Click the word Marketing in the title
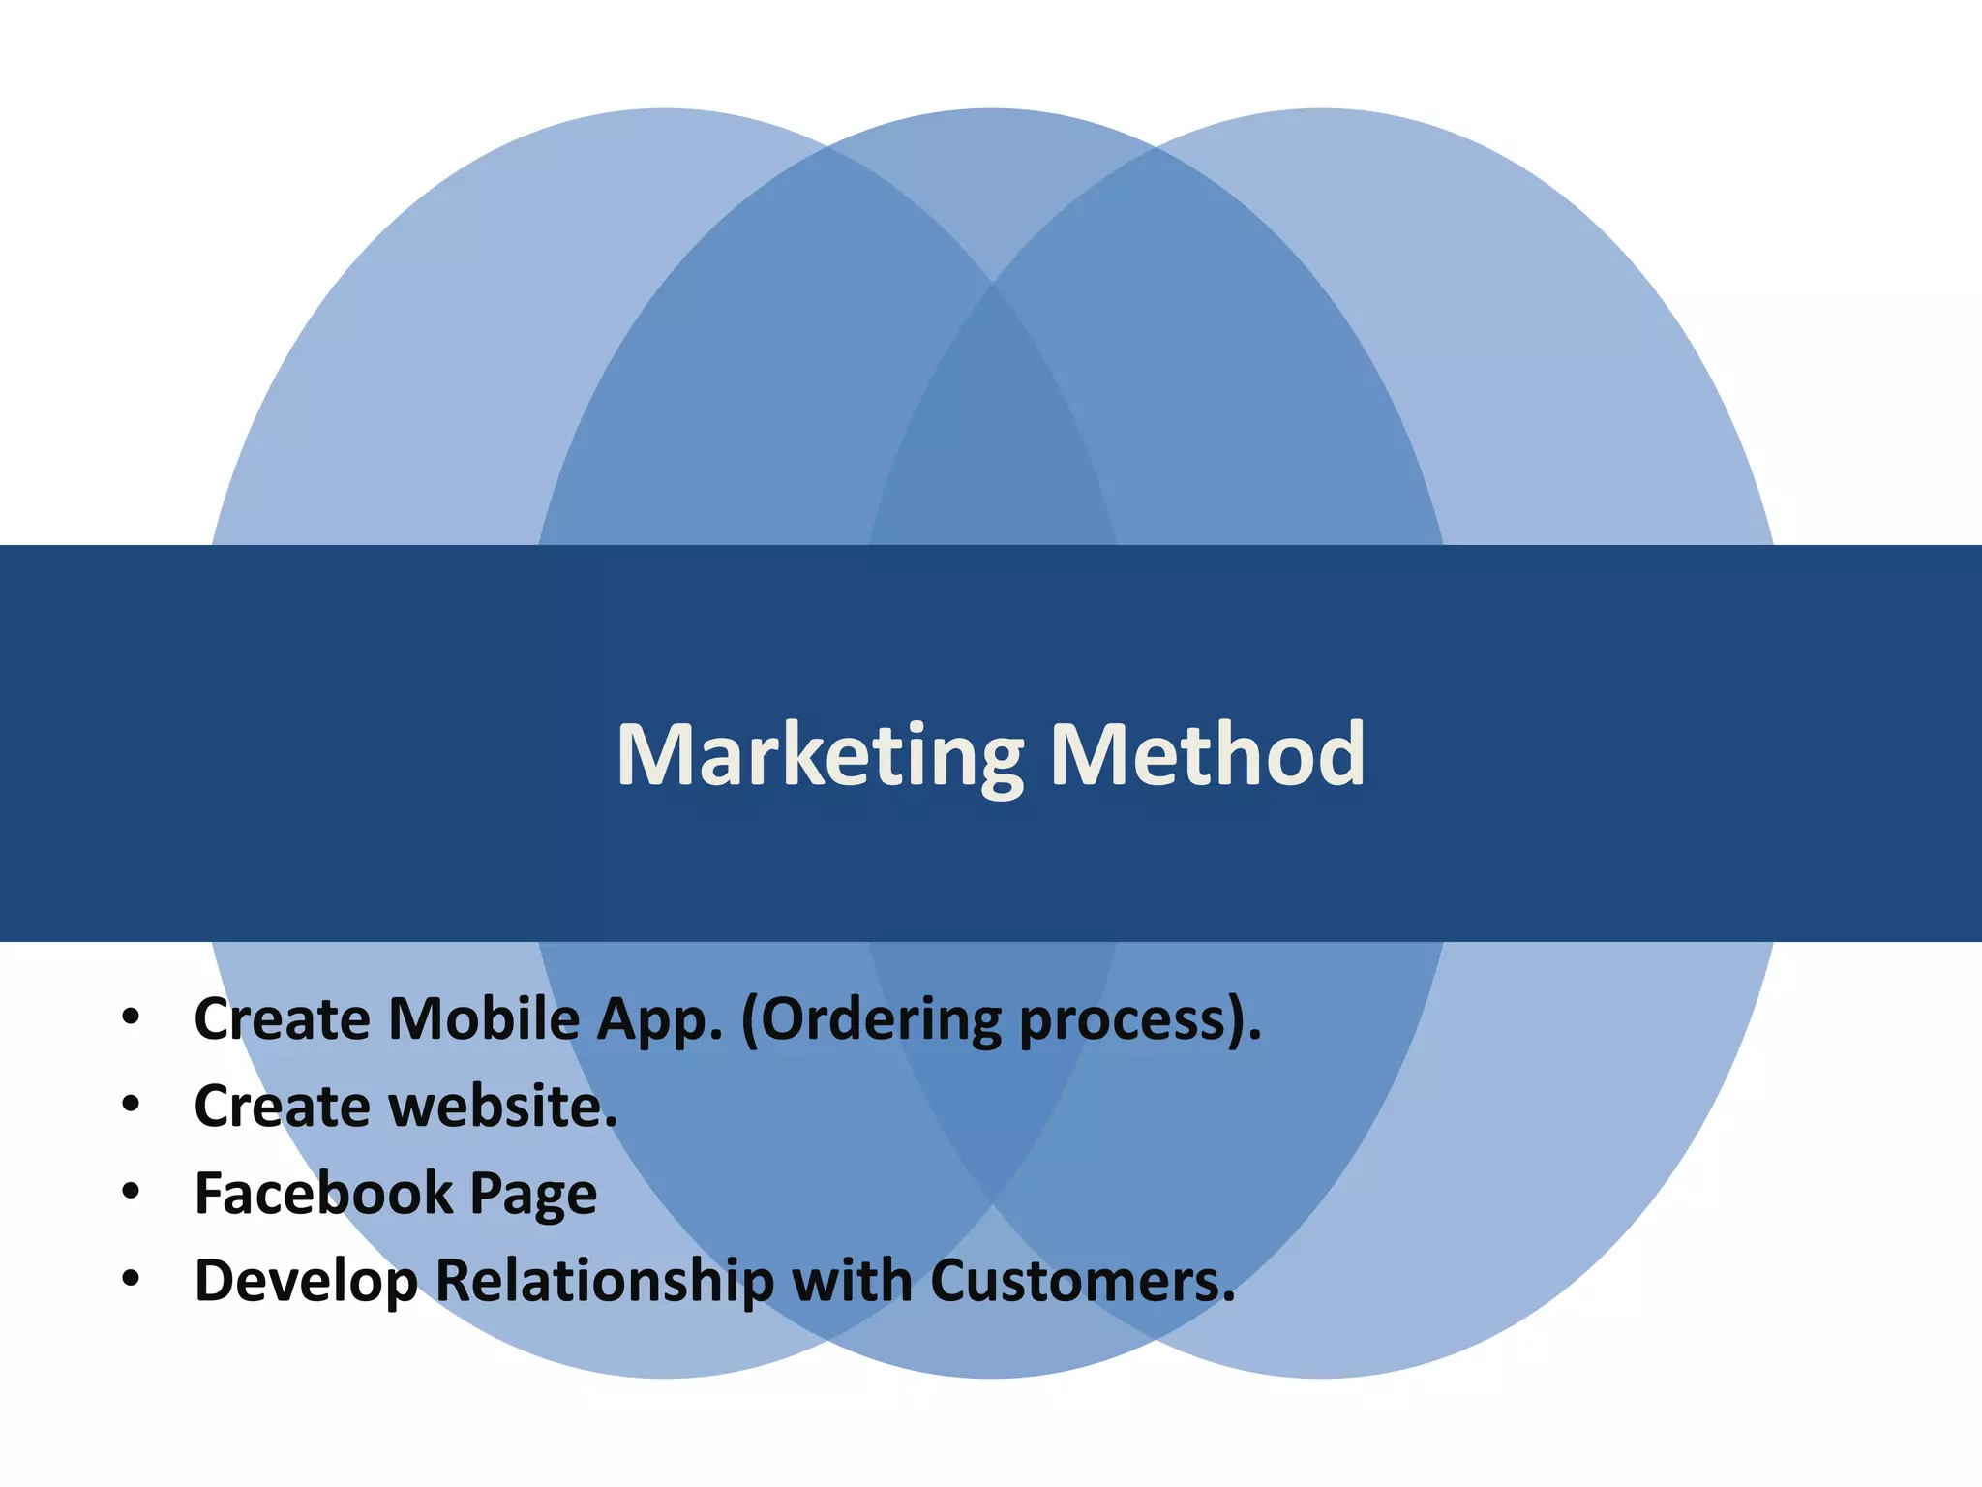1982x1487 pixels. pyautogui.click(x=820, y=756)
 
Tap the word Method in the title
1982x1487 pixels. pyautogui.click(x=1207, y=754)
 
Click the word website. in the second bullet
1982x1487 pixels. pyautogui.click(x=502, y=1107)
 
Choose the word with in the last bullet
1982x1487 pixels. pyautogui.click(x=853, y=1280)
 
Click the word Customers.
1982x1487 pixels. pyautogui.click(x=1083, y=1281)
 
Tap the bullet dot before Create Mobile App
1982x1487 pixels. pyautogui.click(x=131, y=1017)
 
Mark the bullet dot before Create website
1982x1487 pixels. pyautogui.click(x=131, y=1105)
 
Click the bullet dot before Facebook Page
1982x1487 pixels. pyautogui.click(x=131, y=1192)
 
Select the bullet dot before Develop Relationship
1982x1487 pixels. pyautogui.click(x=131, y=1279)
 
